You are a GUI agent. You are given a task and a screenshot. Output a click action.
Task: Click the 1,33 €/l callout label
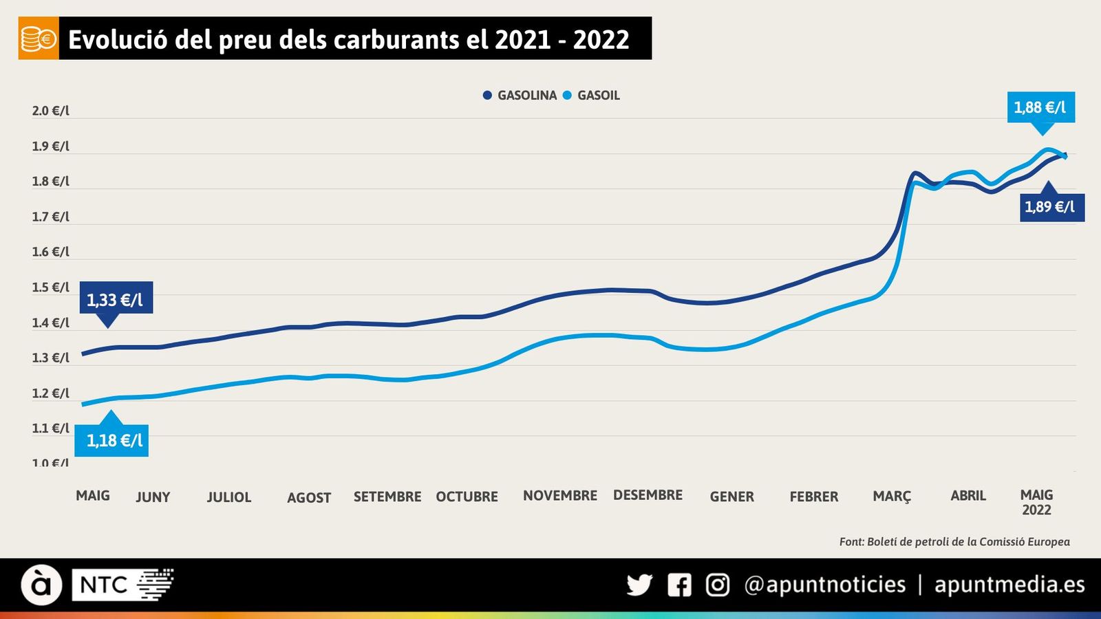(x=116, y=299)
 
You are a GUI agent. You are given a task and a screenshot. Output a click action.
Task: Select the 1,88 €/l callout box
(x=1040, y=107)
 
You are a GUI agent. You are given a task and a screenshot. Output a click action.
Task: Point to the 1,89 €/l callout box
(x=1050, y=207)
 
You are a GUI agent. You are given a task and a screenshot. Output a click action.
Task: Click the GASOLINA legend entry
(x=520, y=96)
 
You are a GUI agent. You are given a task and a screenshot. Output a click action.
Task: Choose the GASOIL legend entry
(x=592, y=96)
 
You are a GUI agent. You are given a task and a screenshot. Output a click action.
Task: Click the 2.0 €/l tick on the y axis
(x=50, y=111)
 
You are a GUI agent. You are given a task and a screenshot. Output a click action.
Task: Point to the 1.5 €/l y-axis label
(x=50, y=287)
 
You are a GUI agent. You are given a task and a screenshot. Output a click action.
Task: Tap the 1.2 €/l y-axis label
(x=50, y=393)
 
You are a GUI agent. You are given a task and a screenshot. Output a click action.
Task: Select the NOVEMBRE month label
(x=560, y=496)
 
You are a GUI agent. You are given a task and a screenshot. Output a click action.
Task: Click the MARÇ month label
(x=892, y=497)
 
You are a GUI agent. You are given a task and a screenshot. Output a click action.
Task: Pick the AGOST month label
(x=309, y=497)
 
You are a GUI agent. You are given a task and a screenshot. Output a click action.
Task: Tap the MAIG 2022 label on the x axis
(x=1036, y=502)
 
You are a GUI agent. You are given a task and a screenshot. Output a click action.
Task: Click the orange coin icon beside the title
(x=39, y=39)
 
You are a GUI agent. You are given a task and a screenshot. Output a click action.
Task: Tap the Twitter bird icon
(x=639, y=585)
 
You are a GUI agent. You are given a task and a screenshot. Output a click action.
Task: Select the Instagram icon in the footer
(x=718, y=585)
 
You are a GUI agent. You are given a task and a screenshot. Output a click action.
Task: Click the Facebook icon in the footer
(x=679, y=585)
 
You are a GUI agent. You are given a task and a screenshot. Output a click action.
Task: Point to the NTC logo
(x=122, y=585)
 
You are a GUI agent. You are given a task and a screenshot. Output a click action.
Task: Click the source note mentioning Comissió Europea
(x=954, y=542)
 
